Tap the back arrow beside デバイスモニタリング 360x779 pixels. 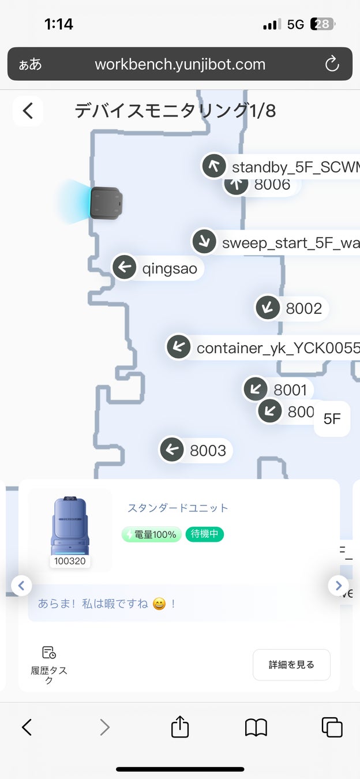(28, 111)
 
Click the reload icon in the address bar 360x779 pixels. (332, 63)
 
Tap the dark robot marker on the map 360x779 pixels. (107, 203)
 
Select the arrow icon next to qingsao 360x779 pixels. (124, 267)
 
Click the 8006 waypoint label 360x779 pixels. (272, 185)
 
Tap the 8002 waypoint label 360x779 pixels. (303, 309)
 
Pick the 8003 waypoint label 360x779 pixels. (208, 450)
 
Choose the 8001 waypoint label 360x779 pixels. (290, 390)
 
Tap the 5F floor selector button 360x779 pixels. (332, 419)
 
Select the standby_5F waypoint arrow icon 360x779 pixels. (214, 166)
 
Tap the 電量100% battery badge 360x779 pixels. (152, 534)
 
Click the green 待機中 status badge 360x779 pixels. (204, 534)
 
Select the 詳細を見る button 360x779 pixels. (291, 665)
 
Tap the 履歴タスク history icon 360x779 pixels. (49, 653)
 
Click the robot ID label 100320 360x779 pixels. (70, 561)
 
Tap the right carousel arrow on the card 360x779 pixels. (338, 585)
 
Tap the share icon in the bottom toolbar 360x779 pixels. (180, 726)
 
